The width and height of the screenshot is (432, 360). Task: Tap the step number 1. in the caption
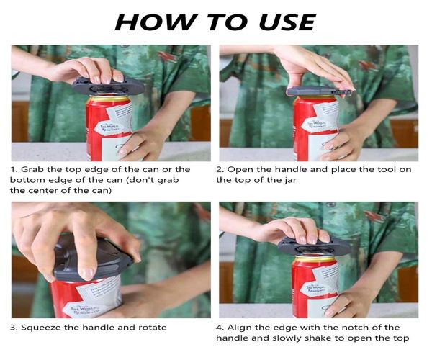tap(14, 170)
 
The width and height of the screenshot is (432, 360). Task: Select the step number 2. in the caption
tap(220, 170)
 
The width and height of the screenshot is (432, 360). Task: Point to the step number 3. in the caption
tap(14, 327)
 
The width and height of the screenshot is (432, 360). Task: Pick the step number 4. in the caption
tap(220, 327)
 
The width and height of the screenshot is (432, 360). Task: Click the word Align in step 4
tap(242, 327)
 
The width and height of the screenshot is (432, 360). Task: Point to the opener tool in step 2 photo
tap(320, 91)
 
